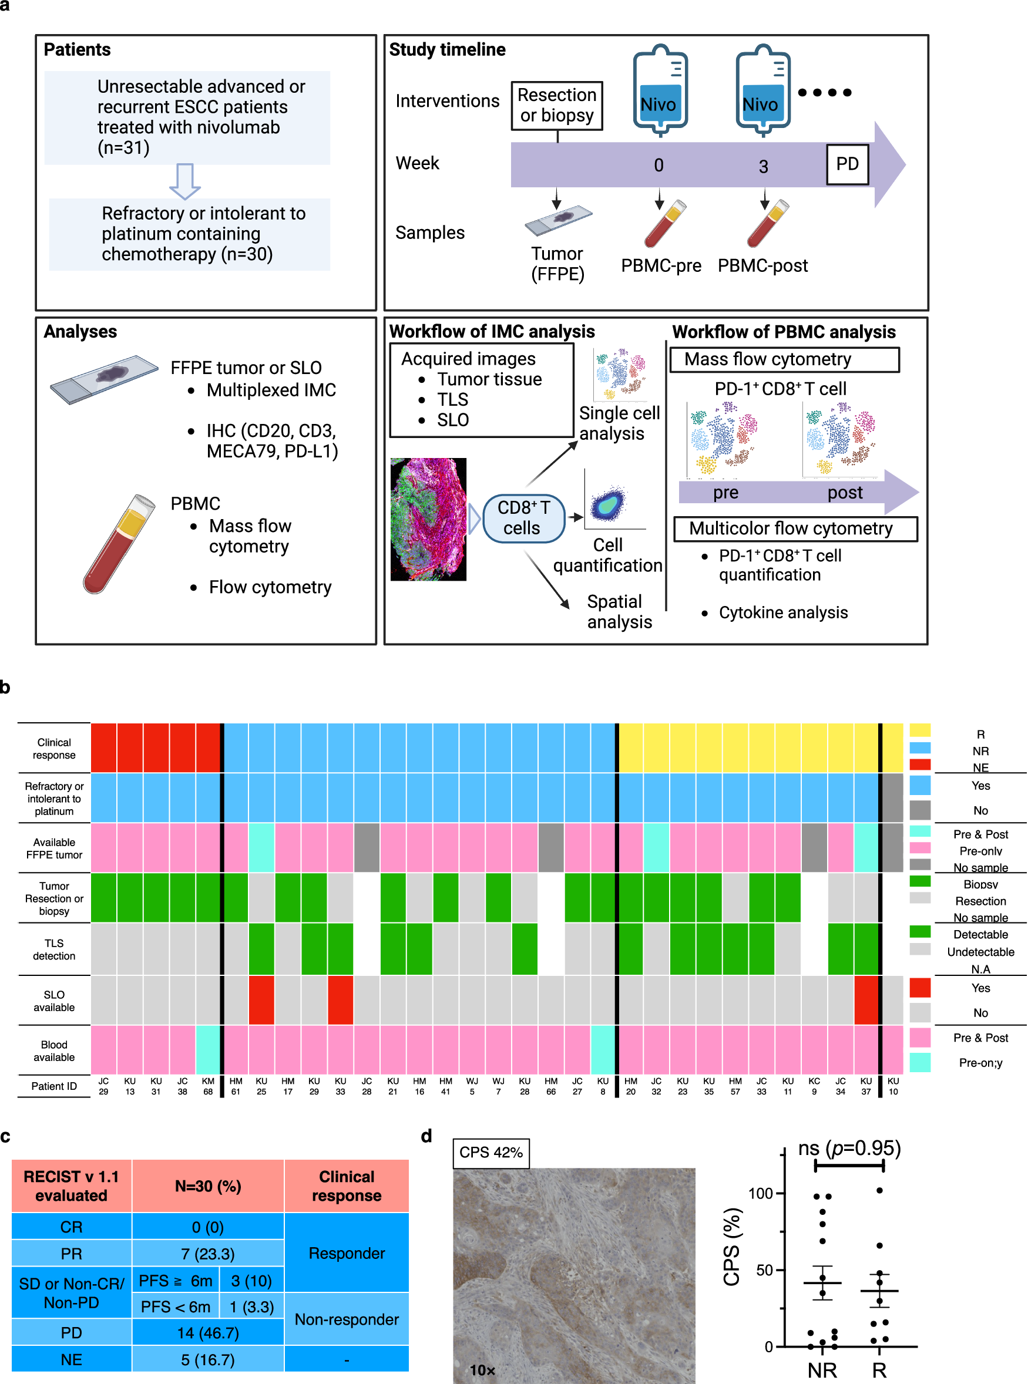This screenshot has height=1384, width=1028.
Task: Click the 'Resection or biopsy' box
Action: coord(556,105)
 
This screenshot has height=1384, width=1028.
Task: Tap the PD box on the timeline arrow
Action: coord(847,164)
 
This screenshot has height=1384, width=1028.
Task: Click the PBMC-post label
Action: coord(762,265)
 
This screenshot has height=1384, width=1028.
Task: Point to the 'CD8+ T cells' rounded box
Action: coord(523,517)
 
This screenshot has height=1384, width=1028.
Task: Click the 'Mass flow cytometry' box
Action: coord(784,359)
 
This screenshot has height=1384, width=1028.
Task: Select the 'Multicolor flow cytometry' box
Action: coord(795,528)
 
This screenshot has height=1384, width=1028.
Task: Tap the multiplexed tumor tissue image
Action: coord(428,518)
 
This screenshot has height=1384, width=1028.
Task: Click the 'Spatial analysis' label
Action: coord(619,611)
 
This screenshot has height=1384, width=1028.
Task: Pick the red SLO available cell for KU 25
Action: coord(261,999)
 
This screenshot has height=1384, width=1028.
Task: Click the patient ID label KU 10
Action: coord(893,1086)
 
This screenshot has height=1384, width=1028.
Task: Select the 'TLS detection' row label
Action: coord(54,949)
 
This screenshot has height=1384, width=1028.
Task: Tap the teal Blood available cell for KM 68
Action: coord(208,1049)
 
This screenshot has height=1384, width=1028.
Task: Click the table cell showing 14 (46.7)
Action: coord(207,1332)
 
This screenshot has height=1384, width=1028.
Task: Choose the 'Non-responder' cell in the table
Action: coord(347,1319)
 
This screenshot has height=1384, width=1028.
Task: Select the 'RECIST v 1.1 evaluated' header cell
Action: coord(71,1186)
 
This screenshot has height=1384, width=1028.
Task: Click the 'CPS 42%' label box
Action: coord(491,1153)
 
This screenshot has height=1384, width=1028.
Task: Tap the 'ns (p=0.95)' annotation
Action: coord(849,1147)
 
